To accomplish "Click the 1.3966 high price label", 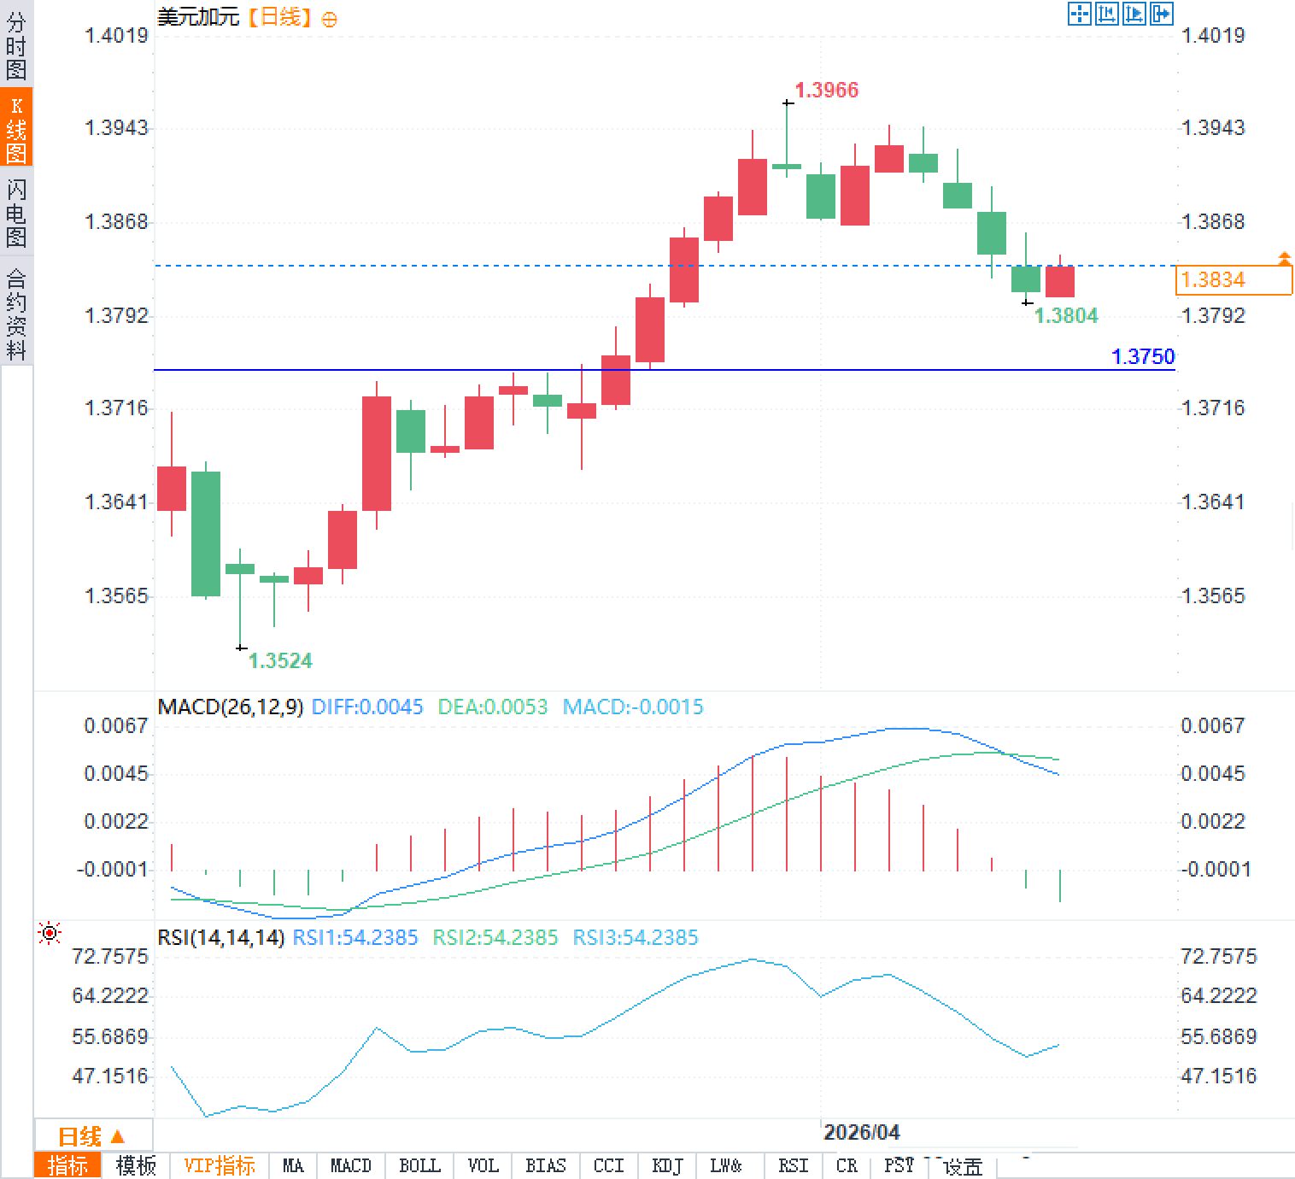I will (x=826, y=90).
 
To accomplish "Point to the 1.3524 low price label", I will (x=280, y=660).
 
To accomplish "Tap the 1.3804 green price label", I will (x=1066, y=315).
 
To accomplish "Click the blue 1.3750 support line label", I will (x=1143, y=356).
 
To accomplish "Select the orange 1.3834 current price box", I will (x=1233, y=279).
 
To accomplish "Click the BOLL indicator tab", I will (x=419, y=1165).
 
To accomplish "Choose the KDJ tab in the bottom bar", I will (x=666, y=1165).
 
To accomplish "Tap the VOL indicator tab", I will (x=483, y=1165).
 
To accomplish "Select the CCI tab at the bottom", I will (x=608, y=1165).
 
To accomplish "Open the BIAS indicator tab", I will (x=545, y=1165).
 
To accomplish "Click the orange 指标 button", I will (x=67, y=1165).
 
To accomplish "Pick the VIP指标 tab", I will (x=220, y=1165).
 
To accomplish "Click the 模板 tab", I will (x=136, y=1165).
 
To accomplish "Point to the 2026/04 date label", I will (x=861, y=1132).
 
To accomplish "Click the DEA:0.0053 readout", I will (x=492, y=707).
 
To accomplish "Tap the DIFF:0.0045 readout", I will (x=367, y=707).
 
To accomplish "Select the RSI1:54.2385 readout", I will (x=355, y=937).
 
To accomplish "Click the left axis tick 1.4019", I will (x=116, y=35).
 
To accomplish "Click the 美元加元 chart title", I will (x=198, y=17).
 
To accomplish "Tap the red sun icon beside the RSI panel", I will (x=50, y=933).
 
